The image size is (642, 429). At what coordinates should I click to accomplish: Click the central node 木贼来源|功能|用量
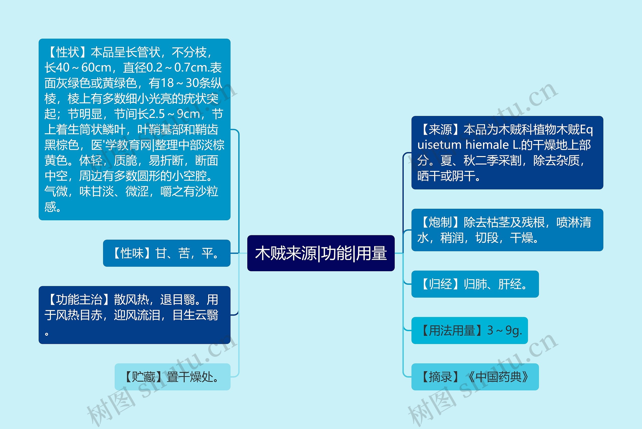pyautogui.click(x=321, y=253)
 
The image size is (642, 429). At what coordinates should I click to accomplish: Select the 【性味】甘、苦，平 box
pyautogui.click(x=167, y=253)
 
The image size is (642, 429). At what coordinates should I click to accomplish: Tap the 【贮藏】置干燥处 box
pyautogui.click(x=172, y=377)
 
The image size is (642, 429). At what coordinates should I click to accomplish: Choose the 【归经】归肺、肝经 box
pyautogui.click(x=475, y=284)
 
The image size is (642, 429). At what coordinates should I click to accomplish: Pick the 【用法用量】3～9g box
pyautogui.click(x=469, y=330)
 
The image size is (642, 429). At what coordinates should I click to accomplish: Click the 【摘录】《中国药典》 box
pyautogui.click(x=475, y=377)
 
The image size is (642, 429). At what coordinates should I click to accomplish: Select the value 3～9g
pyautogui.click(x=505, y=330)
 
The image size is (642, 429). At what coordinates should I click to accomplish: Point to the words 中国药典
pyautogui.click(x=499, y=377)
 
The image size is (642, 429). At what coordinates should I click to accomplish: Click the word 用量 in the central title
pyautogui.click(x=371, y=253)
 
